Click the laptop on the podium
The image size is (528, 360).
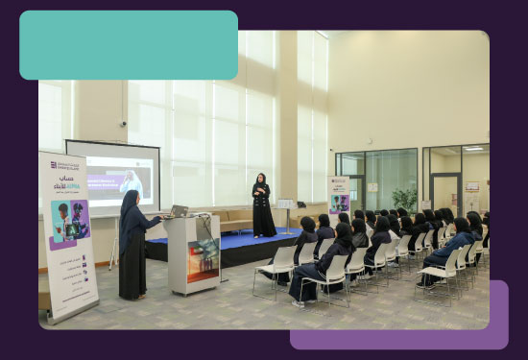179,210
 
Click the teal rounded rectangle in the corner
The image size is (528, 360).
129,45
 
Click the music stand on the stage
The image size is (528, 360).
285,210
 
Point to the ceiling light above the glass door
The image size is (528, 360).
473,149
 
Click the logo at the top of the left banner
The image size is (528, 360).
65,164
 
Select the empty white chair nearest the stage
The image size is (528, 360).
278,267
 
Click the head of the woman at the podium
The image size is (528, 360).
130,199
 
